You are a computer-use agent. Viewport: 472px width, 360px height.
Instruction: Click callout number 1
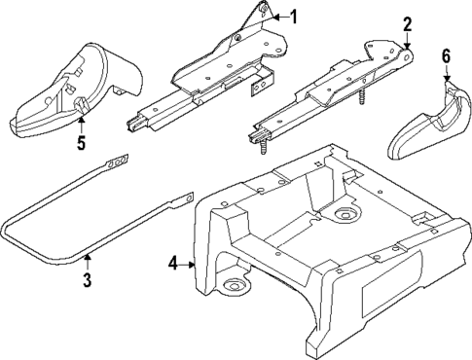pos(295,17)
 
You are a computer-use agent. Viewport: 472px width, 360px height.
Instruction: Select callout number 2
pos(408,24)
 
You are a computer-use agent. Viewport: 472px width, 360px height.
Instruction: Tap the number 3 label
pos(87,281)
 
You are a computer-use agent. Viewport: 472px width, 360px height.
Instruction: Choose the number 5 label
pos(82,143)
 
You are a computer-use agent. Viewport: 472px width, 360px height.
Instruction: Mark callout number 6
pos(448,57)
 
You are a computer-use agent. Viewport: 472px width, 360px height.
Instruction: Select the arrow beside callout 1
pos(278,17)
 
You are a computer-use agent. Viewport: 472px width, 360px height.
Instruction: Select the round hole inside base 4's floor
pos(344,215)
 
